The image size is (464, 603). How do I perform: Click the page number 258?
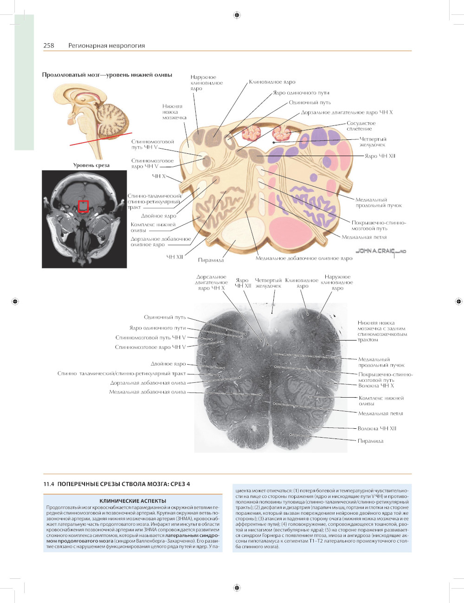49,46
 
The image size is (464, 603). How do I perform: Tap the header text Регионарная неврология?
106,46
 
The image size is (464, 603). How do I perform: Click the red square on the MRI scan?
83,206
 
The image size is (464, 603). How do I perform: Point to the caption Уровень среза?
91,165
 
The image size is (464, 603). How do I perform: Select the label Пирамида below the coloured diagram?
211,260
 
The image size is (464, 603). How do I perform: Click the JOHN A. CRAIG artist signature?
380,251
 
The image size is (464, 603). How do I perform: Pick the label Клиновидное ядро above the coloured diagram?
272,82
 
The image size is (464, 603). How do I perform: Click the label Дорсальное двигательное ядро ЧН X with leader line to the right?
347,112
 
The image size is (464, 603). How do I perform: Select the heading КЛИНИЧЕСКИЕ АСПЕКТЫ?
133,501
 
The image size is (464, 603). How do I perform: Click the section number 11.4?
49,484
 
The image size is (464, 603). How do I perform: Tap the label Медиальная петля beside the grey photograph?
380,413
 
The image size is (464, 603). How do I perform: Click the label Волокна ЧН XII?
377,428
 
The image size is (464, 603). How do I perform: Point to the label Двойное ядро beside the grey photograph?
168,364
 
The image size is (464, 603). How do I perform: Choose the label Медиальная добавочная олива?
147,392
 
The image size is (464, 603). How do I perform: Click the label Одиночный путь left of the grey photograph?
165,317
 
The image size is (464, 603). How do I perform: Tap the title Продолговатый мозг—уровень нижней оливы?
107,75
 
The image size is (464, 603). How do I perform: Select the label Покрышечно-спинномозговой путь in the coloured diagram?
378,225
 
